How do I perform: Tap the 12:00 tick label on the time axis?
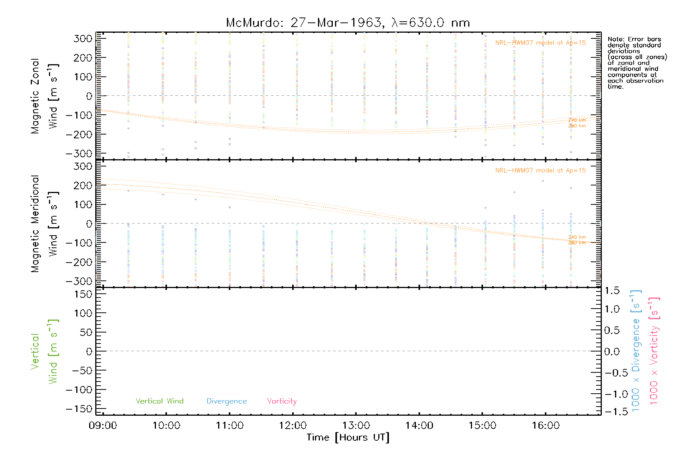pyautogui.click(x=293, y=426)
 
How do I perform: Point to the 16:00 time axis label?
pyautogui.click(x=545, y=426)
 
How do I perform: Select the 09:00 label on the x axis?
pyautogui.click(x=103, y=426)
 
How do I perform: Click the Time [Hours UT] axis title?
pyautogui.click(x=348, y=437)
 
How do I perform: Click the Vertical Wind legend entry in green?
pyautogui.click(x=159, y=401)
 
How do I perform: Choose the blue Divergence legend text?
pyautogui.click(x=227, y=401)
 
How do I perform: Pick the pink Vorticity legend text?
pyautogui.click(x=282, y=401)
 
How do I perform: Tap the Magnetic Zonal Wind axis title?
pyautogui.click(x=45, y=96)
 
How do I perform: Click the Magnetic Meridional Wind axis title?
pyautogui.click(x=45, y=224)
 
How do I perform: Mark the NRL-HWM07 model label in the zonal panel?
pyautogui.click(x=540, y=43)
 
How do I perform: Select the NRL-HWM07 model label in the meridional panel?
pyautogui.click(x=540, y=171)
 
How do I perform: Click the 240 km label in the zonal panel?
pyautogui.click(x=577, y=120)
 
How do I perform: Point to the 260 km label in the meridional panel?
pyautogui.click(x=577, y=243)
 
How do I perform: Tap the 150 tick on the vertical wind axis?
pyautogui.click(x=83, y=294)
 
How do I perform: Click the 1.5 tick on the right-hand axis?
pyautogui.click(x=612, y=291)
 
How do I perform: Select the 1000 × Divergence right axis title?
pyautogui.click(x=636, y=351)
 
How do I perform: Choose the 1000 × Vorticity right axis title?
pyautogui.click(x=654, y=351)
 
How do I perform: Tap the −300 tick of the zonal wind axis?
pyautogui.click(x=79, y=154)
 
